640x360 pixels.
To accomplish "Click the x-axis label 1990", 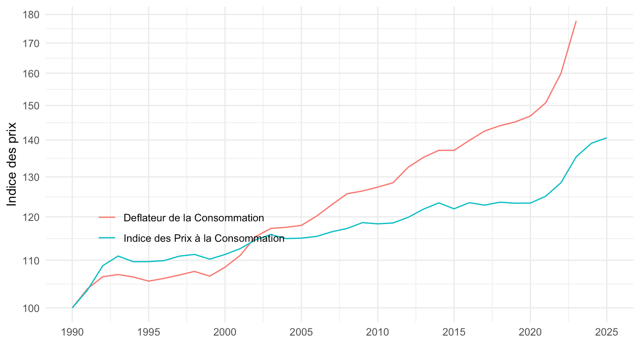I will pos(72,333).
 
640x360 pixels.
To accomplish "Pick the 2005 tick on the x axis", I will pos(301,333).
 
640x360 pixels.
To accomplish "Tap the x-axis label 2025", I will pos(607,333).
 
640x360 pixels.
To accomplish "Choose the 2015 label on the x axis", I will pos(454,333).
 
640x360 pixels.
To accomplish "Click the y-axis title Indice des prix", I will pos(12,164).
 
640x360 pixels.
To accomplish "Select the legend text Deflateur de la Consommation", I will pos(194,218).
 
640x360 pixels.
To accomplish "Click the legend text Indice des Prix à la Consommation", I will pos(204,238).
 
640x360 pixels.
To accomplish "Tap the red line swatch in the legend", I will pos(107,218).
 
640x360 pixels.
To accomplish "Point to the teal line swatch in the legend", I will pos(107,238).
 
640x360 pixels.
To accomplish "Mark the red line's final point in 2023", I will pos(576,21).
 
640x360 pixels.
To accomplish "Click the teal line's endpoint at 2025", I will pos(607,138).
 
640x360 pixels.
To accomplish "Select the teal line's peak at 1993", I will pos(118,256).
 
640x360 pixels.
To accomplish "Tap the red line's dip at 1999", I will pos(210,276).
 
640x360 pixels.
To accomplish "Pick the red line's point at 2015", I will pos(454,150).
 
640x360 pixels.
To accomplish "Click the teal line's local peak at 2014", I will pos(439,203).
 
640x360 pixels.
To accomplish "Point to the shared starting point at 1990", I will pos(72,308).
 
